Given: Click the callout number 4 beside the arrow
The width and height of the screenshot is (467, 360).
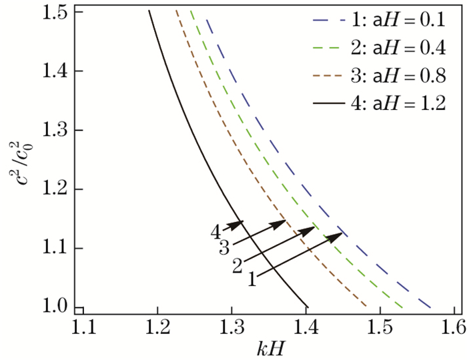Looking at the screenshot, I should [x=217, y=232].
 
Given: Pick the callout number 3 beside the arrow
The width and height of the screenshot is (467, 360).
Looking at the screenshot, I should [x=224, y=248].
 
